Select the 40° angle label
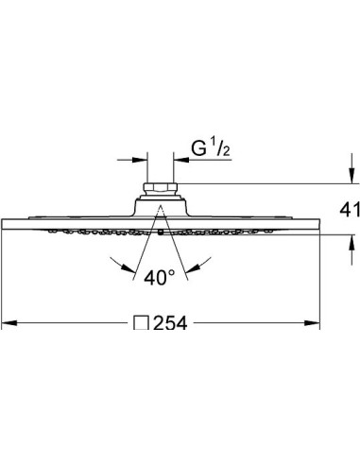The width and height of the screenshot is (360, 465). point(162,278)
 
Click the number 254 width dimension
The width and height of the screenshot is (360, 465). point(167,322)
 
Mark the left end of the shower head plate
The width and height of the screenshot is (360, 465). point(6,224)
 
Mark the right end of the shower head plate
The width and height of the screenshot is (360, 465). point(317,224)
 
